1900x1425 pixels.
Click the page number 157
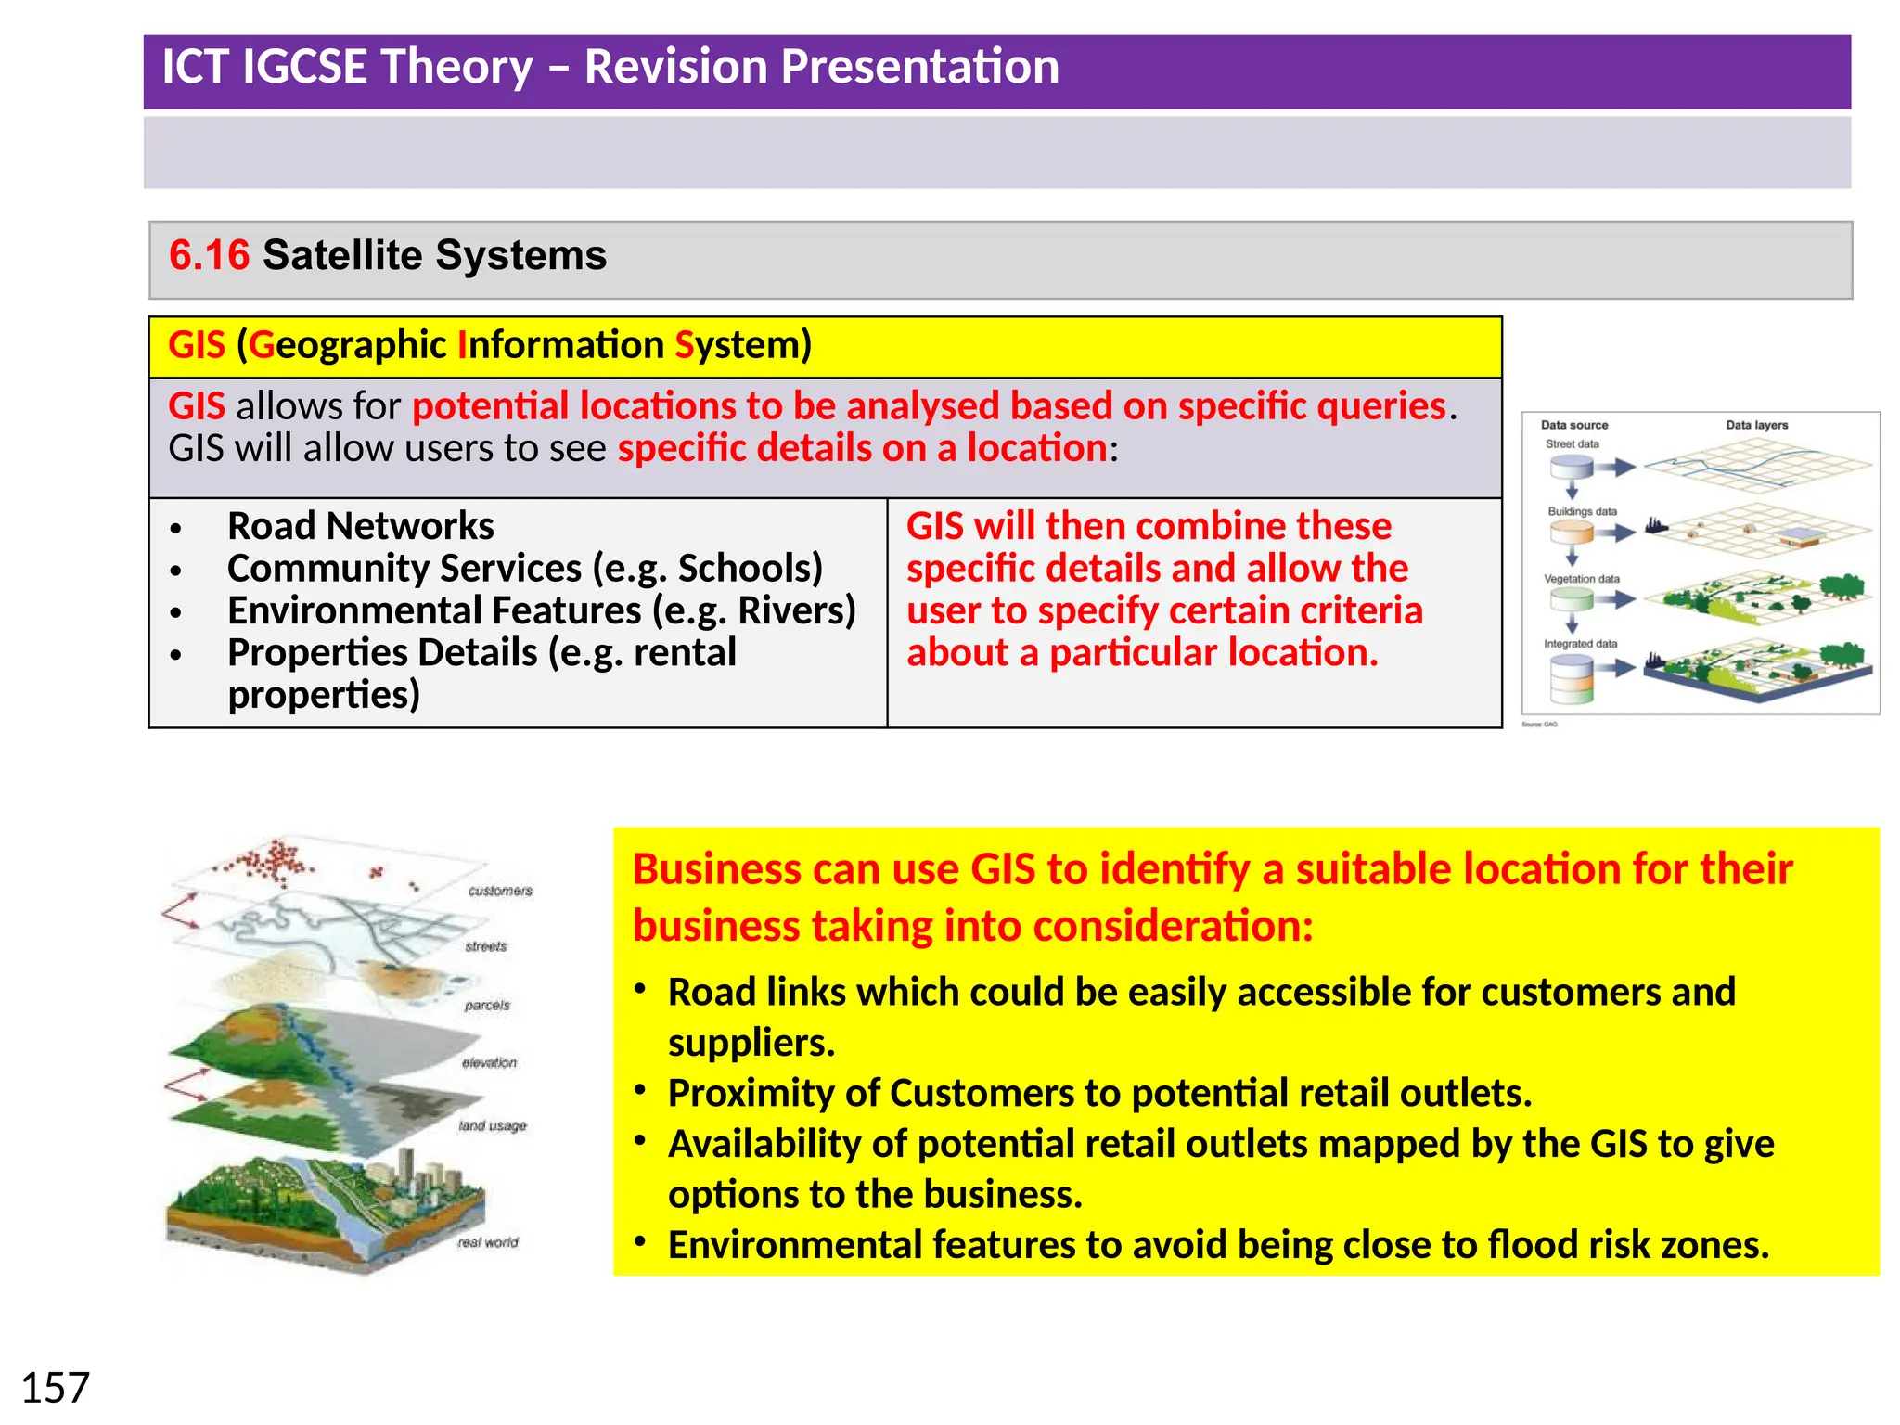tap(55, 1388)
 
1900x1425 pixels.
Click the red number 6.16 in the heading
tap(209, 255)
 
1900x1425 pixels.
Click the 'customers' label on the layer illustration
tap(500, 891)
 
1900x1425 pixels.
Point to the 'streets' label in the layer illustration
tap(486, 946)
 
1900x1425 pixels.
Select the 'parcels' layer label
tap(487, 1005)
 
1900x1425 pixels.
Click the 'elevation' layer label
tap(489, 1062)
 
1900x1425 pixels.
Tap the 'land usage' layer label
tap(492, 1125)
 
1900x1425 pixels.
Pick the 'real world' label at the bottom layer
tap(488, 1241)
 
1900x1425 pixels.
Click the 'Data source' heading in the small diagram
tap(1574, 425)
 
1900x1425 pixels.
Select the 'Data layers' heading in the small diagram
tap(1756, 425)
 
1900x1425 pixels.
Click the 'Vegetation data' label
tap(1582, 579)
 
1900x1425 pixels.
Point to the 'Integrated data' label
tap(1580, 644)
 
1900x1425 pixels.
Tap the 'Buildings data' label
tap(1582, 511)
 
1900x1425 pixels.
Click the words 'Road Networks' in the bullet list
tap(360, 526)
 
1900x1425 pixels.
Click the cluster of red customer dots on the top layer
tap(274, 862)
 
